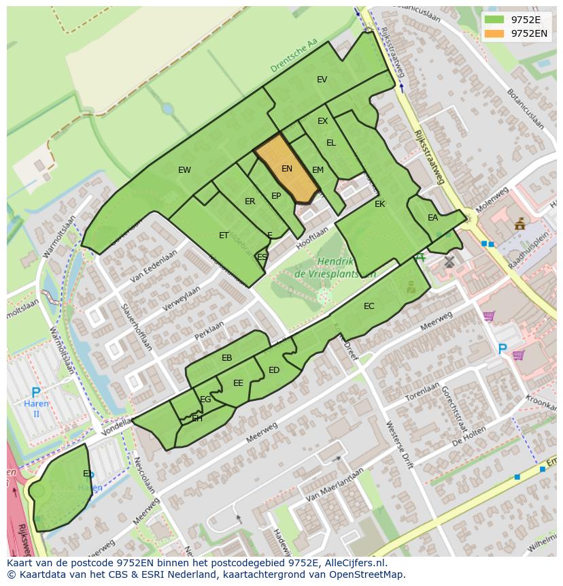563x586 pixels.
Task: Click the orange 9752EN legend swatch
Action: coord(494,33)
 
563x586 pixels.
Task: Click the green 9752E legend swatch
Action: coord(494,20)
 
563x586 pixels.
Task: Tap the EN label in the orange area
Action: coord(287,169)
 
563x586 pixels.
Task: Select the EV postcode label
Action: coord(322,80)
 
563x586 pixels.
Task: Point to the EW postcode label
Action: coord(184,170)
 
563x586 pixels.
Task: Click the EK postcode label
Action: coord(379,204)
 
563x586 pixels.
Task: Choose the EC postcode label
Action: coord(369,306)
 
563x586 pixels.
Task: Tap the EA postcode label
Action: coord(432,218)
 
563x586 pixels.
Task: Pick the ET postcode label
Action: coord(224,235)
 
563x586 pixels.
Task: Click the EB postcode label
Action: coord(227,358)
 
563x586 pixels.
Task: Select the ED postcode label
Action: coord(274,370)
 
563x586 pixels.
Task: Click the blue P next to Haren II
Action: coord(35,393)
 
